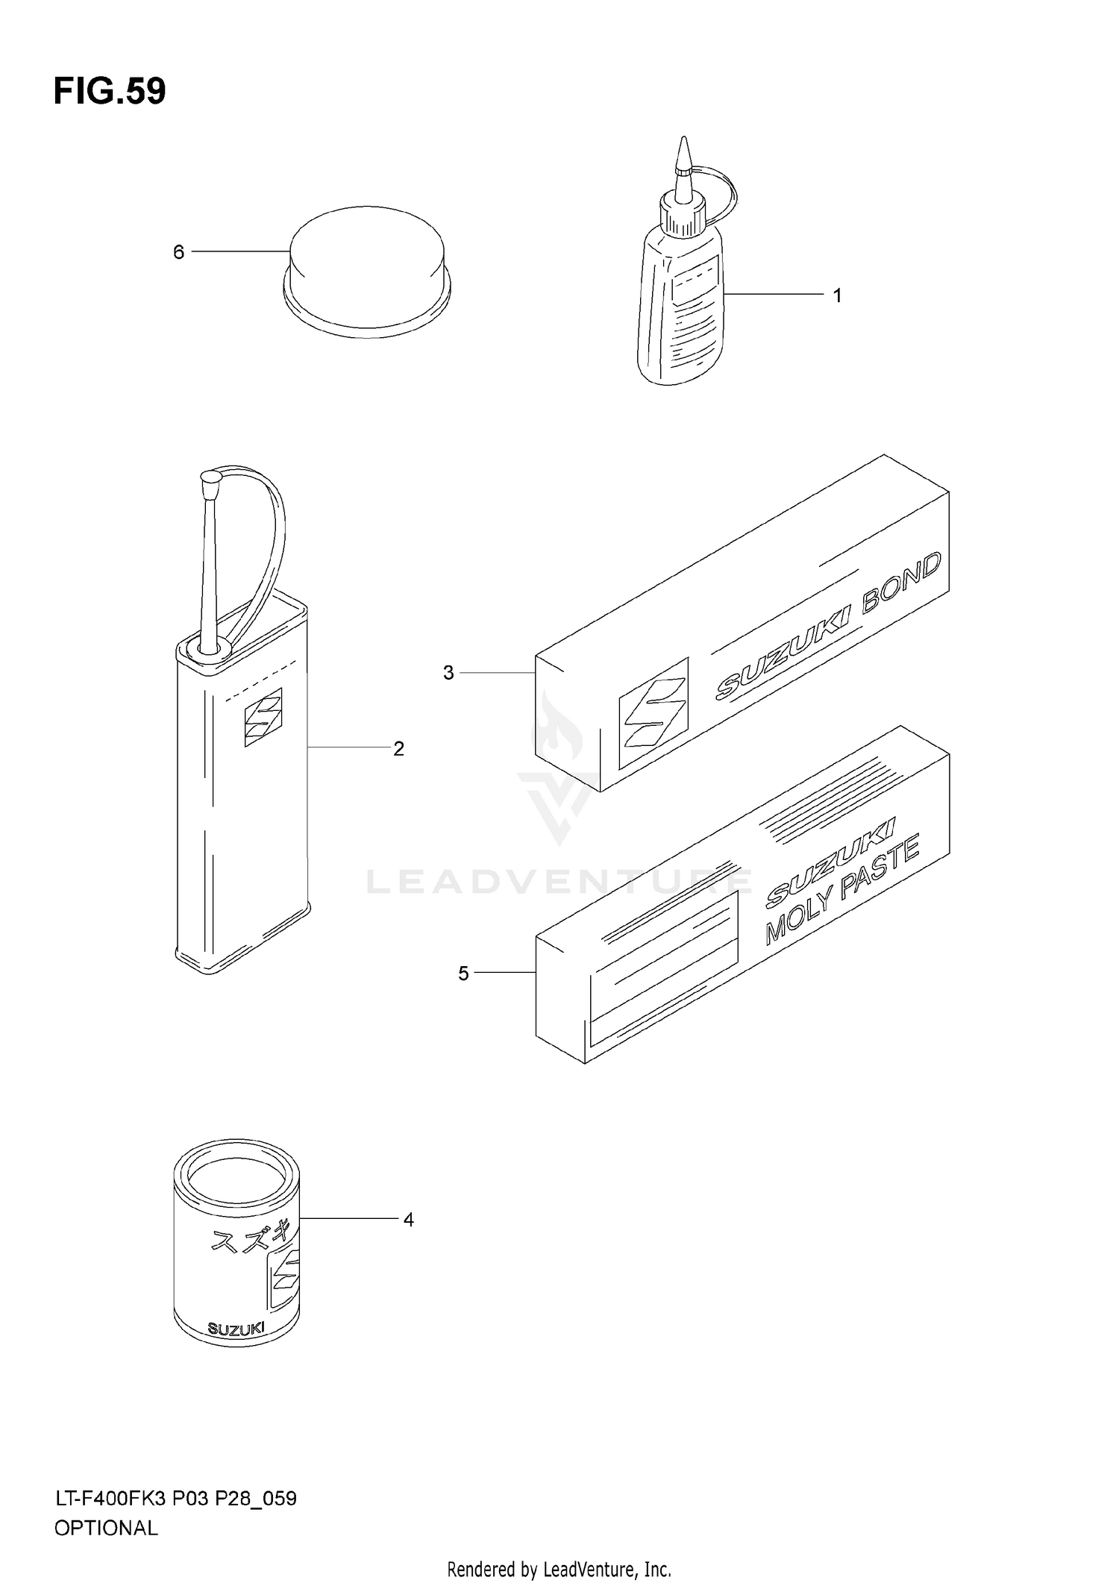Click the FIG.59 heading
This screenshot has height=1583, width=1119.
tap(110, 92)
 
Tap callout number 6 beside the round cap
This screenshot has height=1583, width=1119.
tap(178, 253)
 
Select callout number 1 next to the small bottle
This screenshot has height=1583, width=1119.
tap(837, 296)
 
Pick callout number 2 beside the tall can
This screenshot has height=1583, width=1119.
tap(398, 748)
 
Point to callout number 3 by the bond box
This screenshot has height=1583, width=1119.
tap(448, 673)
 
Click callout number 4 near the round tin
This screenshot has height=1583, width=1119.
tap(408, 1220)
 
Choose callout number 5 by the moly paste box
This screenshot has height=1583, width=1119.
tap(463, 974)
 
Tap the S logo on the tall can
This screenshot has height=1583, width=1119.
tap(263, 717)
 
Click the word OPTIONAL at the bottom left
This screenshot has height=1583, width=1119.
tap(106, 1529)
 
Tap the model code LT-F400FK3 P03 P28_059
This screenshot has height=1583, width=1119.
tap(175, 1498)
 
